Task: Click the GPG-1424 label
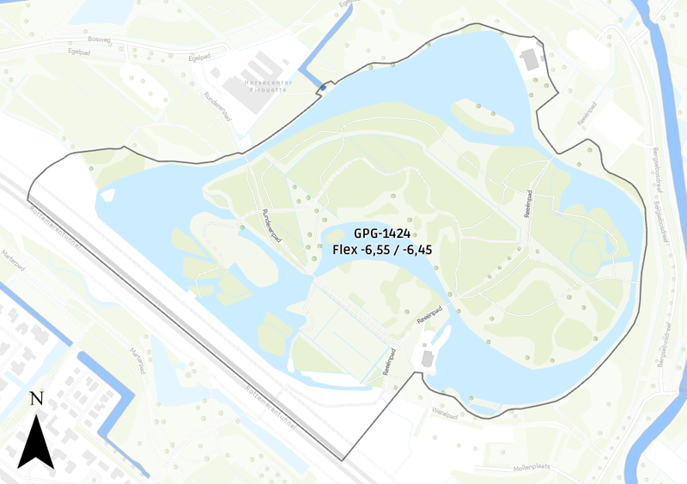pos(382,233)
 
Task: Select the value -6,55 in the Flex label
pos(378,249)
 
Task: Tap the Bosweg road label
pos(100,39)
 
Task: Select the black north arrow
pos(36,440)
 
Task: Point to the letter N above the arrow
pos(36,398)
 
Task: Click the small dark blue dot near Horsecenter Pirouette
pos(321,88)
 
